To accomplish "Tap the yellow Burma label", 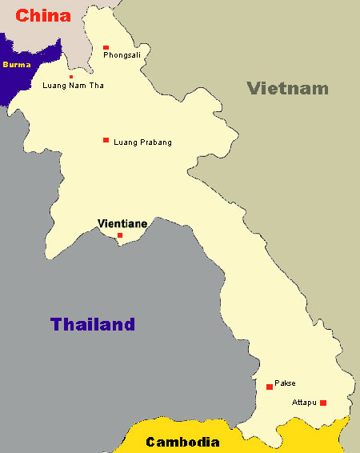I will tap(18, 63).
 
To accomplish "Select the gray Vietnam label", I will tap(287, 88).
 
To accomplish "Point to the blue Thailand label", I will tap(93, 324).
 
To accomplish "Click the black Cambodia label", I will tap(182, 442).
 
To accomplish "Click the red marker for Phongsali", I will tap(106, 47).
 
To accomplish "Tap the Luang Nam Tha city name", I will tap(73, 86).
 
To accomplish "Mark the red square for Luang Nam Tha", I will tap(71, 77).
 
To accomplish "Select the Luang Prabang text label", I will tap(143, 142).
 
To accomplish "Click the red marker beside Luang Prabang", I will tap(106, 140).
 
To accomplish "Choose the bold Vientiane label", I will tap(122, 223).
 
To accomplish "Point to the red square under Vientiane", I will tap(120, 235).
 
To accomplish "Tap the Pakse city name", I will tap(285, 383).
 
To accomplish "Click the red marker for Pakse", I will tap(270, 387).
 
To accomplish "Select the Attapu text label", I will tap(305, 402).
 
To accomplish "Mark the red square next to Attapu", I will tap(323, 403).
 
